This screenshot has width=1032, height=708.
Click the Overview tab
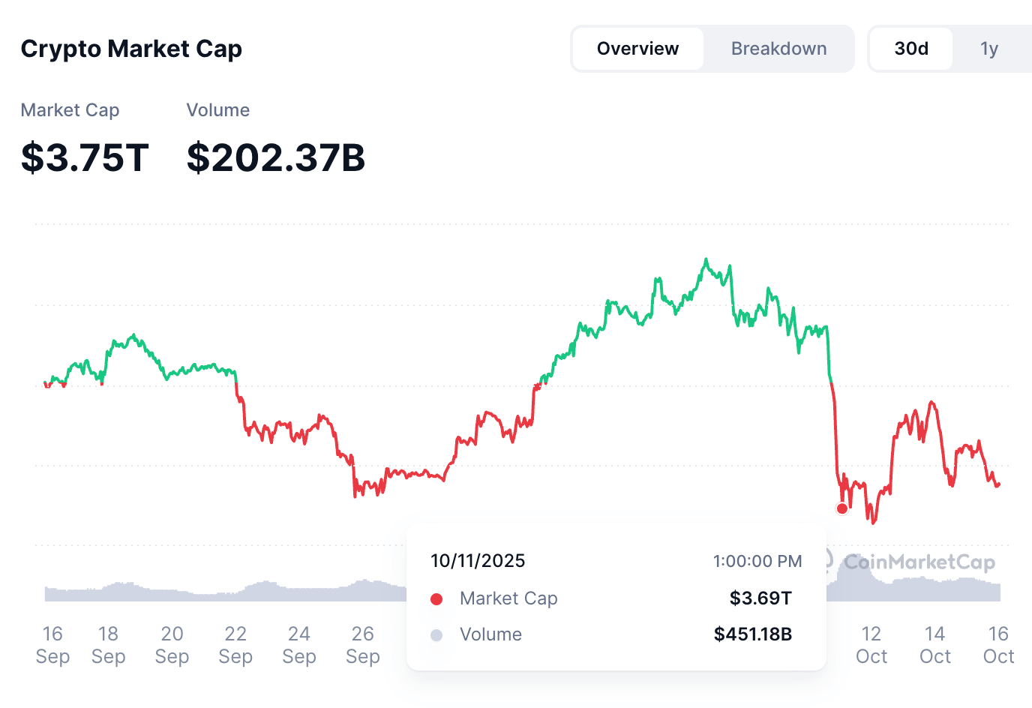(637, 49)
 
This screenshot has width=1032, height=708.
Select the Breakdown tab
(778, 49)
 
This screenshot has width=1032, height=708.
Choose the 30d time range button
(911, 49)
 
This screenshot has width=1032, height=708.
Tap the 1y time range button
(989, 49)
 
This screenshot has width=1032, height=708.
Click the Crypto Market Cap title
(131, 49)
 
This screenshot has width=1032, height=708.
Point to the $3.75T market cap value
(85, 157)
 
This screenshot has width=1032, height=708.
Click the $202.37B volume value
(275, 157)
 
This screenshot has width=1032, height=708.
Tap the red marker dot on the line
(842, 508)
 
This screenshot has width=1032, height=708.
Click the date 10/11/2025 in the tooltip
(478, 561)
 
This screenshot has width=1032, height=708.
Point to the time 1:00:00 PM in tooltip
(757, 561)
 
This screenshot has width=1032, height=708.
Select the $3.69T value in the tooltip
(760, 598)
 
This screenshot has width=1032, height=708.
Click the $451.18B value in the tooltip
(752, 634)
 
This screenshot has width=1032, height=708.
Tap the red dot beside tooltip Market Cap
(436, 598)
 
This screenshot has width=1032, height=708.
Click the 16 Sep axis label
(52, 645)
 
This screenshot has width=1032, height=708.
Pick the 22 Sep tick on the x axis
(235, 645)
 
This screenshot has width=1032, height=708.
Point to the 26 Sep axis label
(363, 645)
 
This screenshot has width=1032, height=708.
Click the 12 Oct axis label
(871, 645)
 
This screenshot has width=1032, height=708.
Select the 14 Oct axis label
(935, 645)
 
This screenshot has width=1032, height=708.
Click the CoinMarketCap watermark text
(919, 562)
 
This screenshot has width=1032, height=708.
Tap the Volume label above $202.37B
(217, 110)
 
